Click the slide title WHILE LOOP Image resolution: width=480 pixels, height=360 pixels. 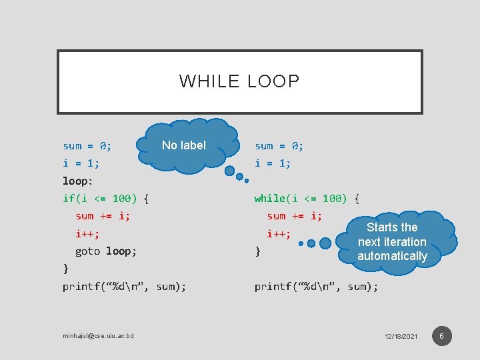(x=239, y=81)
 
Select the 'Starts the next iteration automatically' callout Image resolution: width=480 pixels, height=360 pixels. (x=392, y=241)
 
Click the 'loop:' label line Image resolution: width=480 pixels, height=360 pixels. (x=78, y=181)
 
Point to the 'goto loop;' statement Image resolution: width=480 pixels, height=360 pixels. (x=107, y=251)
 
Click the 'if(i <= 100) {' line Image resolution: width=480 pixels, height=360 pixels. (x=105, y=198)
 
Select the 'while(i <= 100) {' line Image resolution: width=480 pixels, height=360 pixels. (x=307, y=198)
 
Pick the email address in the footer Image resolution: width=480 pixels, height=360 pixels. (x=98, y=335)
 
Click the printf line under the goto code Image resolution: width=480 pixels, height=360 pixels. (x=124, y=287)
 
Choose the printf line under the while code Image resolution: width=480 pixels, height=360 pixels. (x=316, y=287)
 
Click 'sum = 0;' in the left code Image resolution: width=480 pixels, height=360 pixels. (x=87, y=145)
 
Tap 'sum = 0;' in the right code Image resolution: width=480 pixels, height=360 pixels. (x=279, y=145)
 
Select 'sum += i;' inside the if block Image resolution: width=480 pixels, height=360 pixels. (x=103, y=216)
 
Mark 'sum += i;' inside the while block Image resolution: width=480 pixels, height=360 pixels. (x=294, y=216)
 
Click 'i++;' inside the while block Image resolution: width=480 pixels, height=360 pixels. (x=279, y=234)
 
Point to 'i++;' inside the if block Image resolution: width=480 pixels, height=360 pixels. (x=87, y=234)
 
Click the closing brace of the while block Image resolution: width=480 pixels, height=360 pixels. (x=258, y=252)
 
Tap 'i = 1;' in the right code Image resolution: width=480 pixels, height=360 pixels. (x=273, y=163)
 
